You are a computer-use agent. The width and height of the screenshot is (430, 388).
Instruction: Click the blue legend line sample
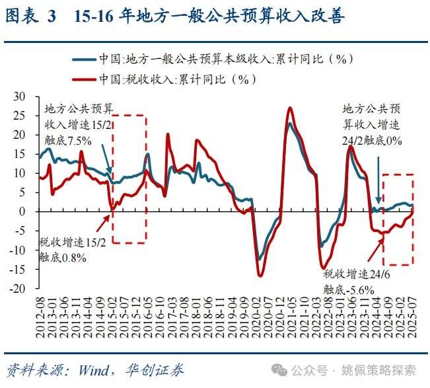click(x=83, y=58)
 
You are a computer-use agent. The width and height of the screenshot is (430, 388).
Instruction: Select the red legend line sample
click(x=83, y=79)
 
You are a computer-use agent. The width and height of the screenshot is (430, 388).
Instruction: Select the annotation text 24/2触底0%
click(x=372, y=140)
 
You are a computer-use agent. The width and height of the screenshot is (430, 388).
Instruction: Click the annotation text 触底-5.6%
click(x=348, y=289)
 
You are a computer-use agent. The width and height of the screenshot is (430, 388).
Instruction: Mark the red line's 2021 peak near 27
click(x=290, y=108)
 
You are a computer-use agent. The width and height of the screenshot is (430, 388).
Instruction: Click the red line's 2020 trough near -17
click(x=260, y=275)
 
